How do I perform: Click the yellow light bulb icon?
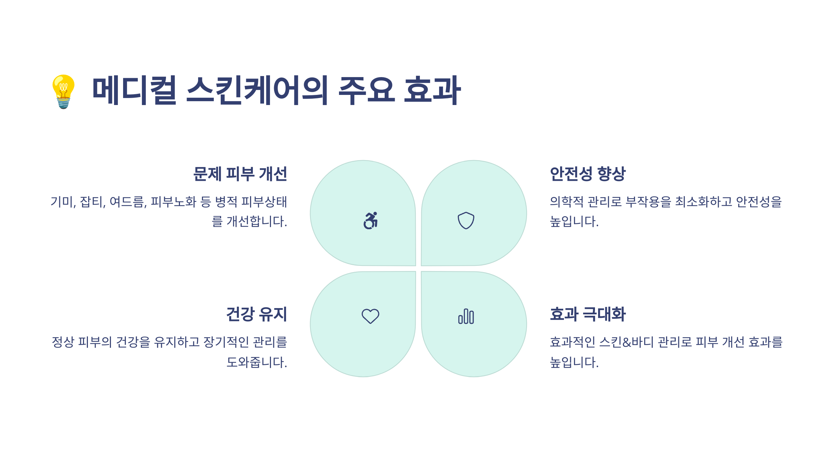[x=63, y=91]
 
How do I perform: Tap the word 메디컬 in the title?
[x=134, y=90]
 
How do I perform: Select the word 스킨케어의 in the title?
[x=257, y=90]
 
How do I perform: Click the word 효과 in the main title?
[x=432, y=90]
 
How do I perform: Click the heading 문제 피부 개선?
[x=240, y=174]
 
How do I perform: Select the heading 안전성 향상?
[x=588, y=174]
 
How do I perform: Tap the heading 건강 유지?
[x=256, y=314]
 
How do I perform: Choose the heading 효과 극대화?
[x=588, y=314]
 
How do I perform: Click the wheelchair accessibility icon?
[x=370, y=220]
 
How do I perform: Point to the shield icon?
[x=466, y=220]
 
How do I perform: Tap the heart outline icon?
[x=370, y=316]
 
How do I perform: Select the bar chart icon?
[x=466, y=316]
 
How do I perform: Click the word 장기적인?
[x=226, y=342]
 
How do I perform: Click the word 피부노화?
[x=173, y=202]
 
